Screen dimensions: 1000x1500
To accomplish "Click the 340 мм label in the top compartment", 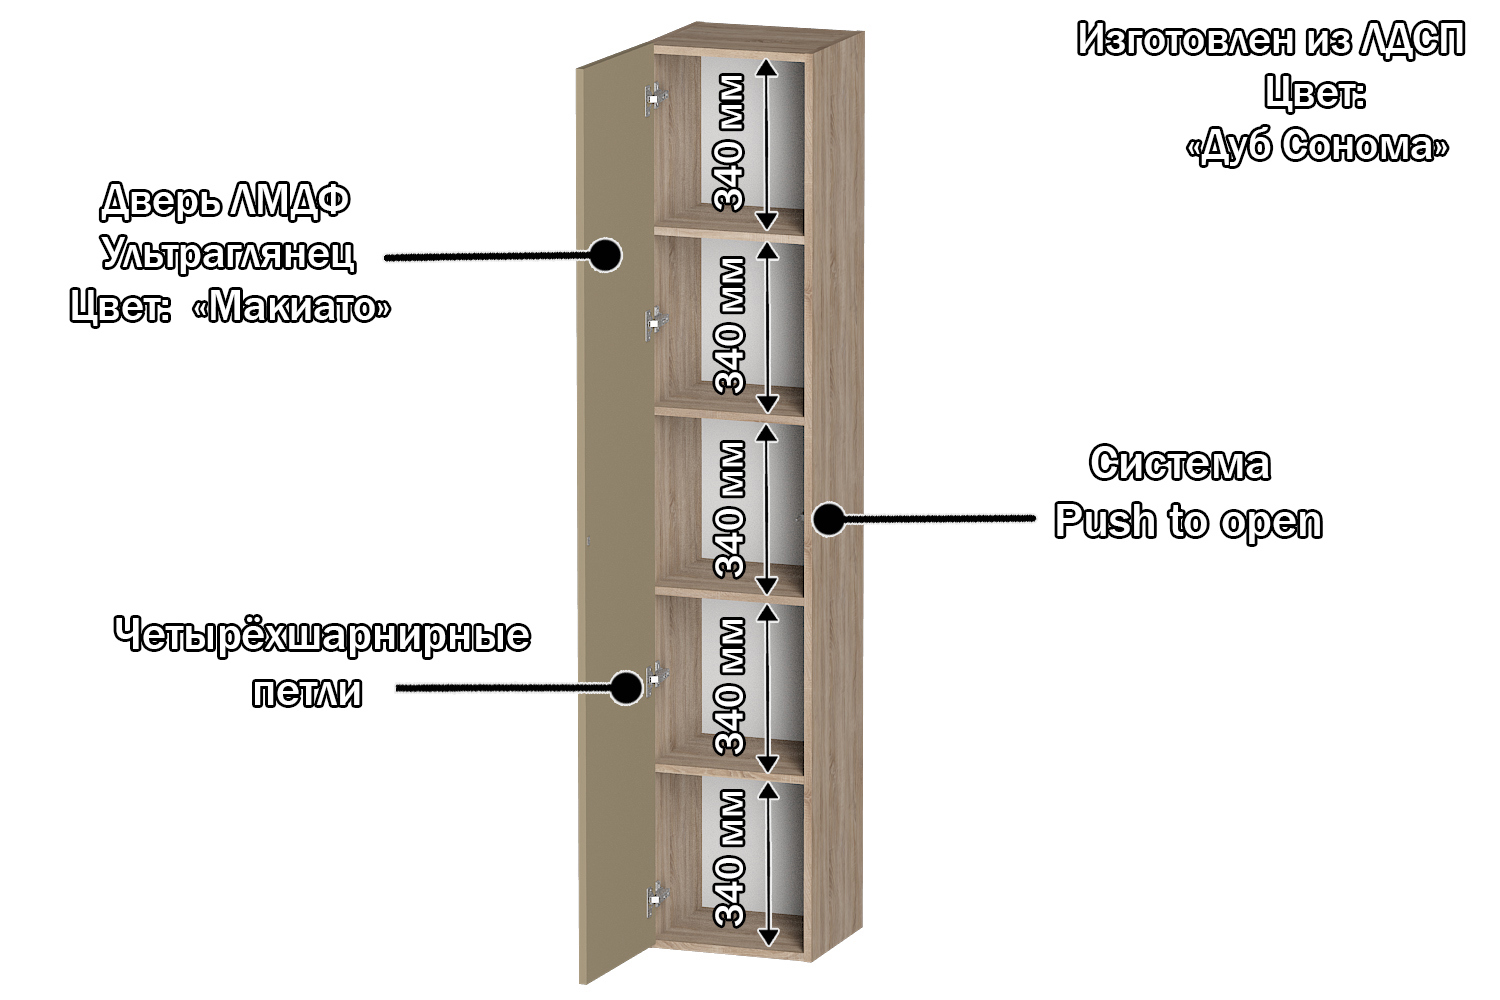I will (730, 142).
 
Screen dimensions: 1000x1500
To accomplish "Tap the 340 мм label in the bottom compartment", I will (730, 859).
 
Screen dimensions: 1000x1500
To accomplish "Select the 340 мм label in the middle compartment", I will (730, 509).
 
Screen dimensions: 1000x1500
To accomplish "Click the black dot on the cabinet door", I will (603, 255).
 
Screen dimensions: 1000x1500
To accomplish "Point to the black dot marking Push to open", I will (827, 519).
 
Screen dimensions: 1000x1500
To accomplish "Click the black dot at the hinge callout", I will (626, 687).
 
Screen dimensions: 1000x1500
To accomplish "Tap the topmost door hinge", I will (656, 98).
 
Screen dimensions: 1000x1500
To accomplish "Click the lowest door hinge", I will (657, 899).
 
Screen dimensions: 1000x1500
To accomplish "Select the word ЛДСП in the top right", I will (1412, 40).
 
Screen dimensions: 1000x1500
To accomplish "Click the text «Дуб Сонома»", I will (1317, 146).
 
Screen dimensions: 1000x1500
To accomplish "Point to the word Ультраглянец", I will (228, 254).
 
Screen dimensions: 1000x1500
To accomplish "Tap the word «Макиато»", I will (291, 307).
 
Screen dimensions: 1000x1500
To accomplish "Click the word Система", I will (1180, 464).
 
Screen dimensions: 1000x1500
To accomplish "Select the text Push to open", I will (1188, 522).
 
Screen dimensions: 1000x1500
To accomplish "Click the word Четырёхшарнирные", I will (321, 636).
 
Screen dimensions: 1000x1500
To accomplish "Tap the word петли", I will (306, 692).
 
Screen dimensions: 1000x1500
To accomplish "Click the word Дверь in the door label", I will (160, 201).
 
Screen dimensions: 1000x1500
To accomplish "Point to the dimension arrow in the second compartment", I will (767, 327).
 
